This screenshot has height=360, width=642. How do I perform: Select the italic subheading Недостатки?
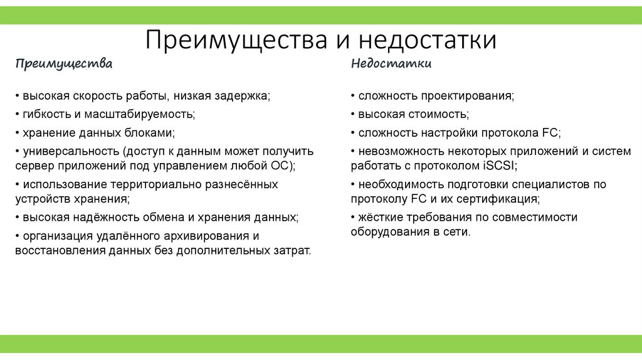pos(391,64)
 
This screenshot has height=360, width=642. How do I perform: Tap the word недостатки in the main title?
pos(428,40)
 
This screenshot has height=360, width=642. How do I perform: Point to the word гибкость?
pos(47,115)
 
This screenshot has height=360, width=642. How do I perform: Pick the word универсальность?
pos(71,151)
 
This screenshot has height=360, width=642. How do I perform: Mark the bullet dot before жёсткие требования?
pos(353,218)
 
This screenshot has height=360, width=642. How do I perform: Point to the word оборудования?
pos(387,232)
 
